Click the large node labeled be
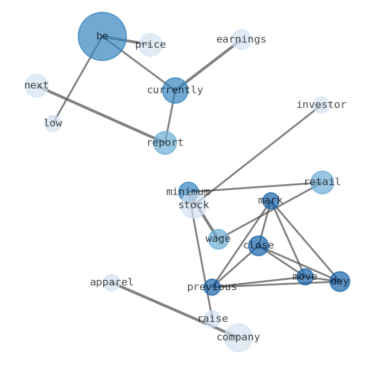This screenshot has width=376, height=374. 102,36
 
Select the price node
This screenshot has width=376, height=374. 151,45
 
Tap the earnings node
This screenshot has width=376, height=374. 242,40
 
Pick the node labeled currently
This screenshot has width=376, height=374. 175,90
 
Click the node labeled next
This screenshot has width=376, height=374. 36,86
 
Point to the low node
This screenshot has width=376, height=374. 53,124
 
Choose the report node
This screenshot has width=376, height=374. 165,143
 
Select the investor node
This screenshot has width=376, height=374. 321,105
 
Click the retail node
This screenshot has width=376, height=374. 322,182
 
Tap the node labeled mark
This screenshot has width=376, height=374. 270,201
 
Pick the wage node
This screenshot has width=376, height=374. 218,239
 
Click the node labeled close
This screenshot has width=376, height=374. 259,246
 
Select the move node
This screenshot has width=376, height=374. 305,277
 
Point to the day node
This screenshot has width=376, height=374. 340,282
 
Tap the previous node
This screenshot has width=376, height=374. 212,287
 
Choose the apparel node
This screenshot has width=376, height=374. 112,283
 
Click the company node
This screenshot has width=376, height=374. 238,338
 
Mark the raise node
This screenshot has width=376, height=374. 213,319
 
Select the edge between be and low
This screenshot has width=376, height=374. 77,80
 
